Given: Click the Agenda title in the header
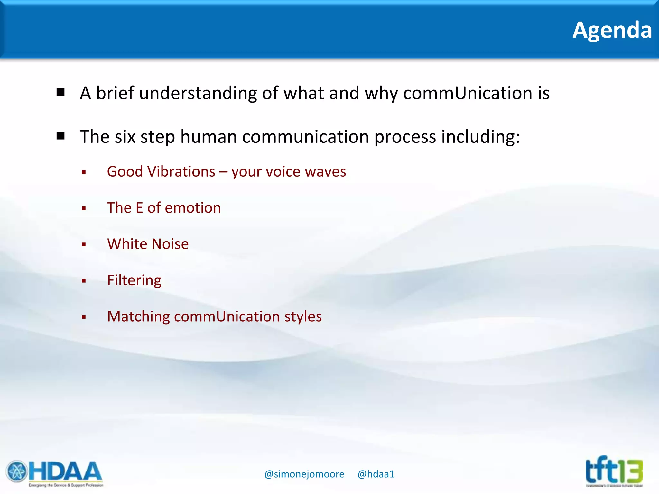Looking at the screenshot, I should tap(612, 30).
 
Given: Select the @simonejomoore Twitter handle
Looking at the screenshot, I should tap(304, 474).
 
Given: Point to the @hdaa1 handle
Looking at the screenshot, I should tap(376, 474).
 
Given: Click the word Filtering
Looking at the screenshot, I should tap(134, 280).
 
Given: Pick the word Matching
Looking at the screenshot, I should tap(138, 316).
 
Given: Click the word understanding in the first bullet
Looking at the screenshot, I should tap(198, 93).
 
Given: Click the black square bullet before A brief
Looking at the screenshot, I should tap(60, 92).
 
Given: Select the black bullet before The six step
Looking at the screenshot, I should tap(60, 136).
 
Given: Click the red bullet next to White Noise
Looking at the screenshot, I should tap(84, 245).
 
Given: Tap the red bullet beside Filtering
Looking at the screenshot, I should tap(84, 281).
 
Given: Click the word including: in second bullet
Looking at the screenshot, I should tap(480, 137).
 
